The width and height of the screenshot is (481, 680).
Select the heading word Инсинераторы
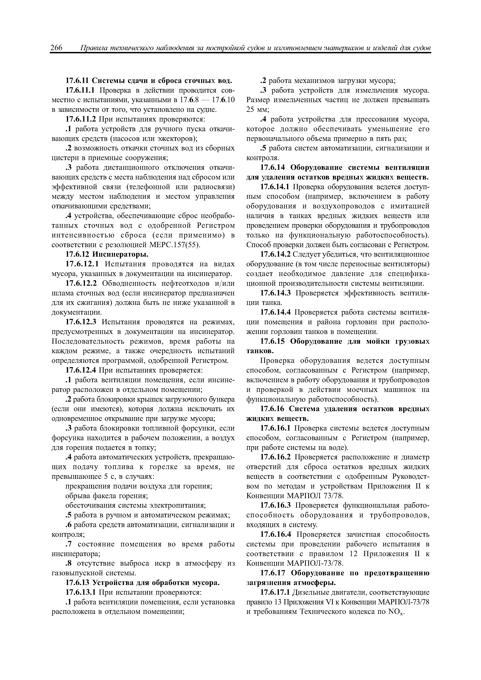pos(120,254)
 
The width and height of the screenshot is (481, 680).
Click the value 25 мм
pos(257,110)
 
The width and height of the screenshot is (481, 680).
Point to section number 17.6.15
pos(272,342)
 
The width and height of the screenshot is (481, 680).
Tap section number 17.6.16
pos(272,409)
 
